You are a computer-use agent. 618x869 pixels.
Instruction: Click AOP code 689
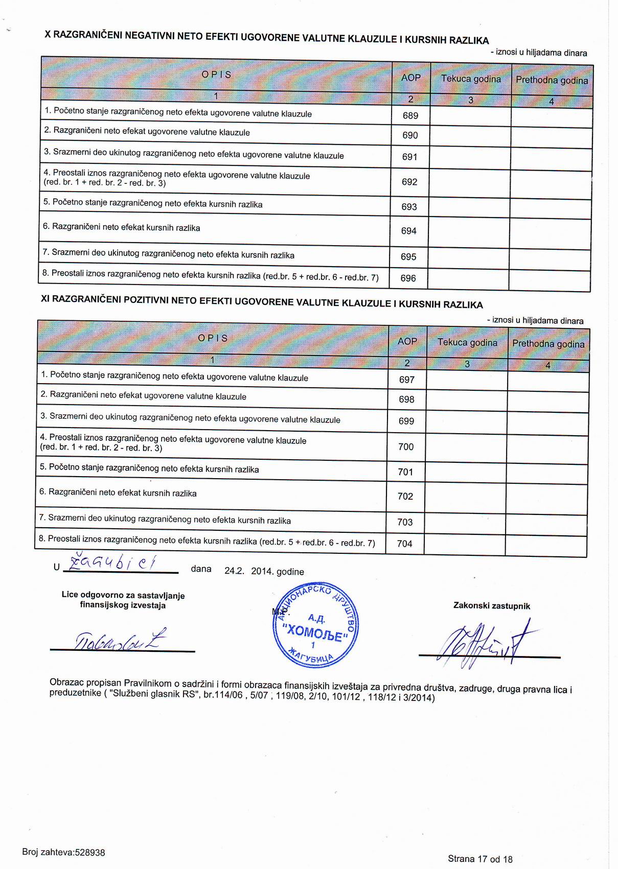tap(410, 115)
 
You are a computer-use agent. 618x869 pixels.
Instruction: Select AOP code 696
tap(408, 278)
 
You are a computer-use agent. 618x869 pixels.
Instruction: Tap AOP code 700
tap(406, 447)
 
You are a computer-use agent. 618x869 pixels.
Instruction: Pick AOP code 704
tap(404, 544)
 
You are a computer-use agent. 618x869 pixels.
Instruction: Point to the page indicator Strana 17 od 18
tap(480, 859)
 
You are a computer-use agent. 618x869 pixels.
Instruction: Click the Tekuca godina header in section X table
tap(471, 79)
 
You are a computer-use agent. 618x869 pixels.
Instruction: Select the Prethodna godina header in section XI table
tap(548, 344)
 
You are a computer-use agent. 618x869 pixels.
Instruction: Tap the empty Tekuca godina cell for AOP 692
tap(470, 182)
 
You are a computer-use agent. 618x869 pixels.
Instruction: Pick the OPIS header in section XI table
tap(213, 338)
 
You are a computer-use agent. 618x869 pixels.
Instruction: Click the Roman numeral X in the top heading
tap(48, 34)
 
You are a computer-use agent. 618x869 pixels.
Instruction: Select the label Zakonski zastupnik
tap(491, 606)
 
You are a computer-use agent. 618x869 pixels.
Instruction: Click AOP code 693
tap(409, 206)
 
